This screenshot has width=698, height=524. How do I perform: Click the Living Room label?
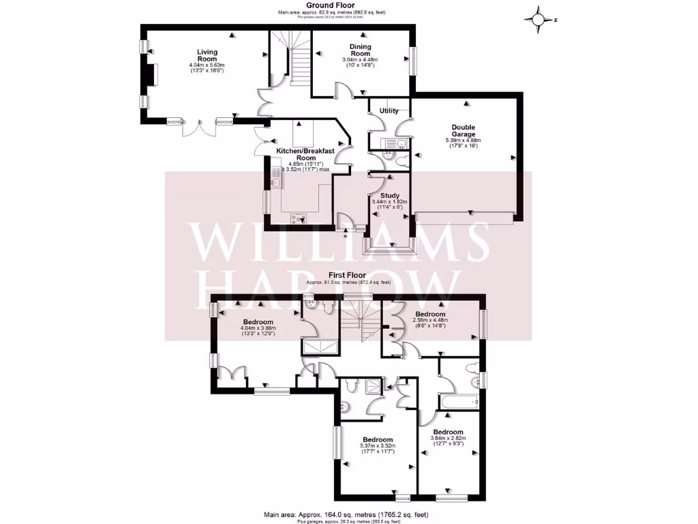click(207, 55)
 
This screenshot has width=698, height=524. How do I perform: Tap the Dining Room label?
click(360, 50)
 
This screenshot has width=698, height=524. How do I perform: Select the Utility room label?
click(389, 111)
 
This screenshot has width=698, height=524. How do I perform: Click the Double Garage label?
click(463, 131)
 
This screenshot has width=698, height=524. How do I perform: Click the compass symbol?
click(540, 20)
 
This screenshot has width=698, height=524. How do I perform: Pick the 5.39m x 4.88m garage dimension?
click(463, 141)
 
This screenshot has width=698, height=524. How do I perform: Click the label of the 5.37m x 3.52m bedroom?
click(378, 439)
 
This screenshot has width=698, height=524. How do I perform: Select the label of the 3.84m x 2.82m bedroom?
click(449, 433)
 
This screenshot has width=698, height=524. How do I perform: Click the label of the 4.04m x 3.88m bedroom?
click(258, 322)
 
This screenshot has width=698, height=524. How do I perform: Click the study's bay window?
click(389, 246)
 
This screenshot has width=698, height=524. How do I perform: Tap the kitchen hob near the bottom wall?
click(299, 218)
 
